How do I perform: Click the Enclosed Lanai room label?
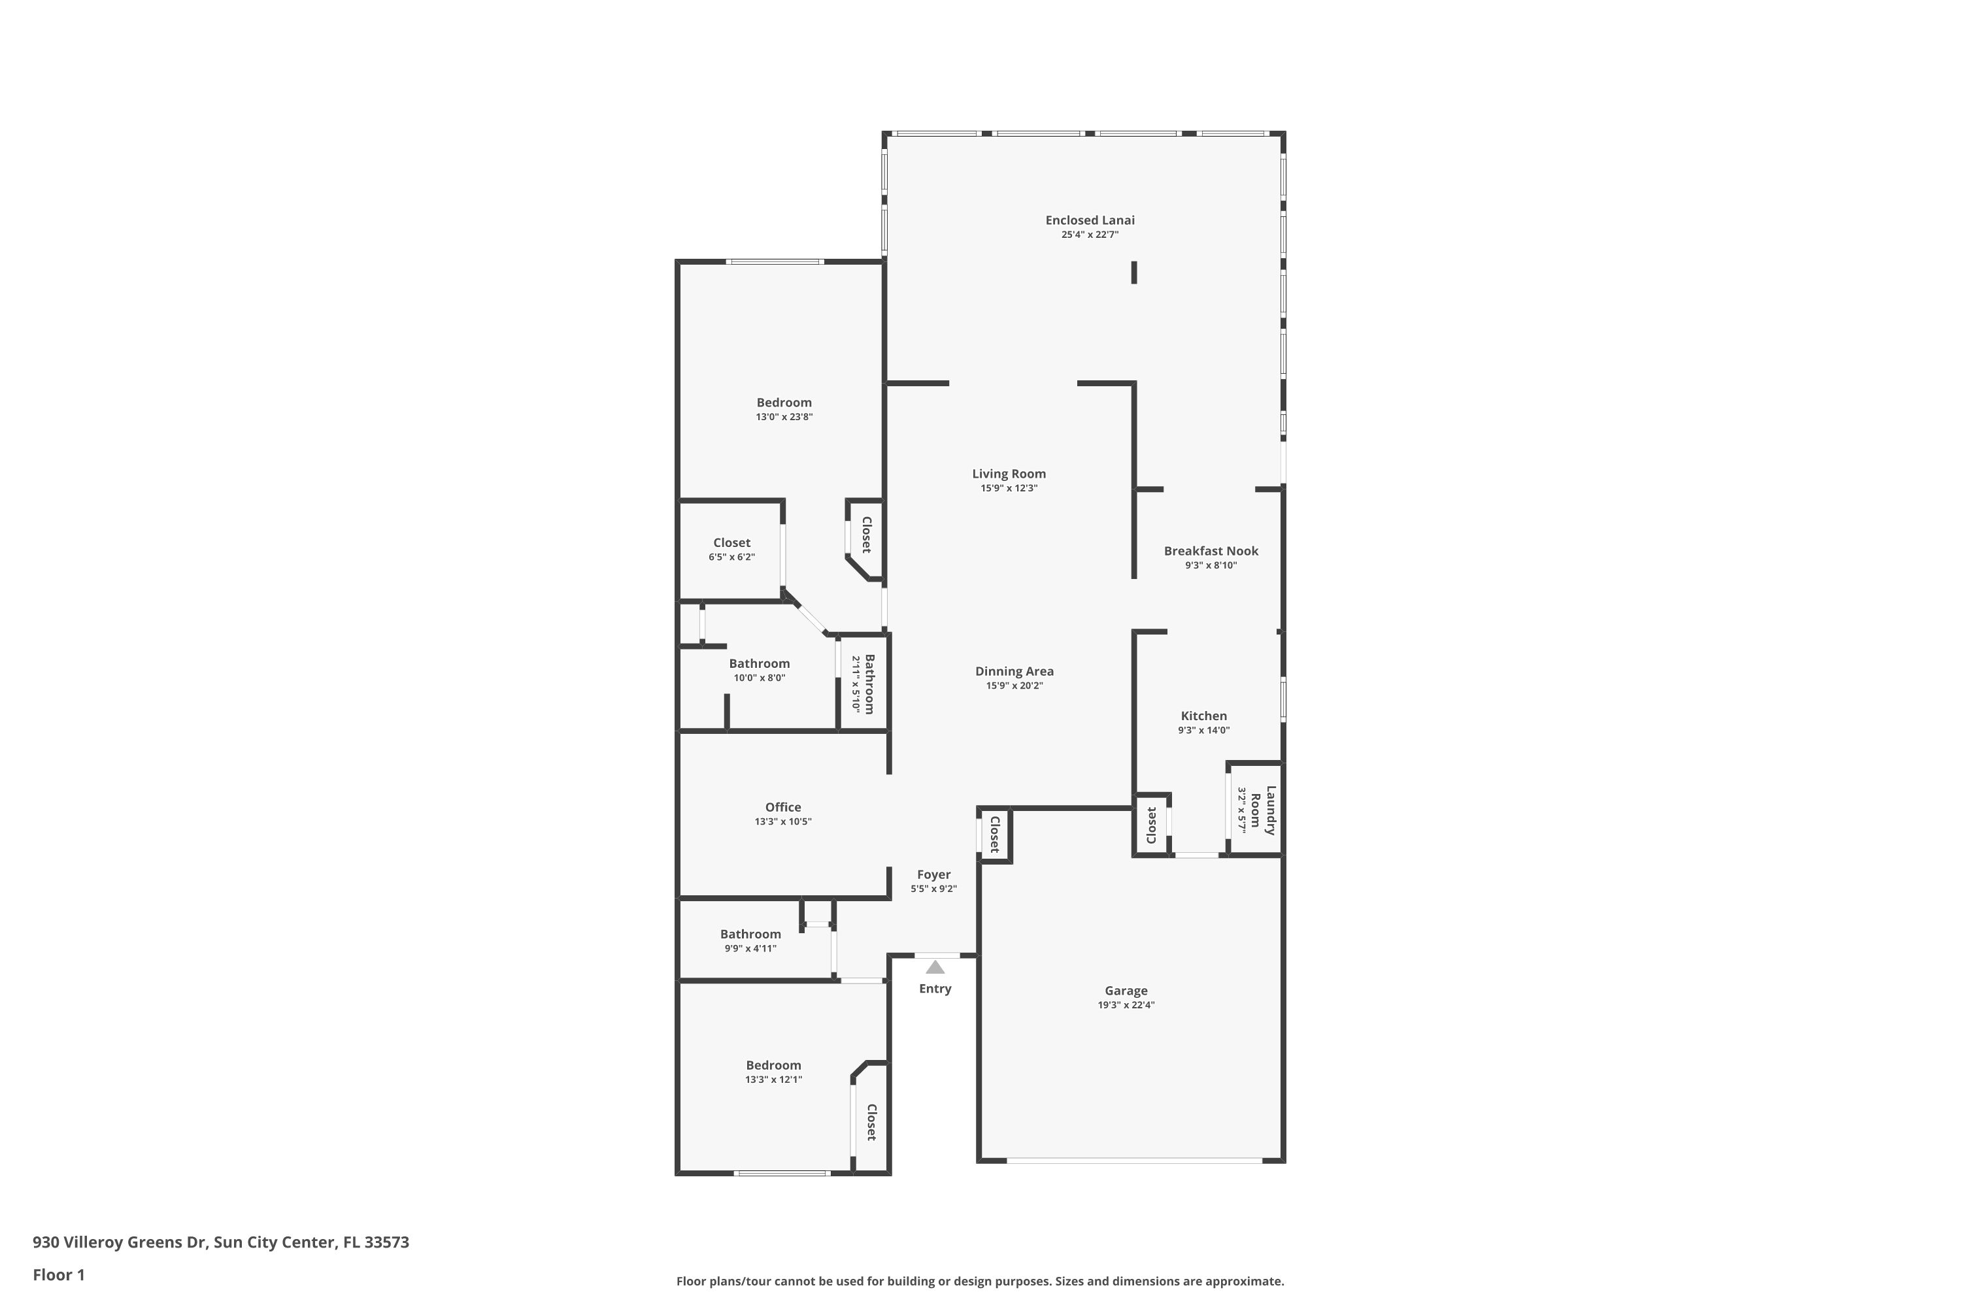[1090, 220]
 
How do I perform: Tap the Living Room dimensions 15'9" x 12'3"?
[1009, 488]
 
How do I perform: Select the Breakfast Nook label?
[1211, 551]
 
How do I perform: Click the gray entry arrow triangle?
[935, 967]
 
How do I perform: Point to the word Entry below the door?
[935, 989]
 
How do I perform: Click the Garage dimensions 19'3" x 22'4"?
[1126, 1005]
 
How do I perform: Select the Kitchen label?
[1203, 716]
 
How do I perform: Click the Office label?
[783, 807]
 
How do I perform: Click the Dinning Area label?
[1014, 671]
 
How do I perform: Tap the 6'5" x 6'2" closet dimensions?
[731, 557]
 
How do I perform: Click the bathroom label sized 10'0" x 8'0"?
[759, 663]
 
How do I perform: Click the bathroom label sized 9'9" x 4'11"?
[750, 935]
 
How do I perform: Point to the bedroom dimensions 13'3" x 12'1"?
[773, 1080]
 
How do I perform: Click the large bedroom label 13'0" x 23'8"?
[784, 403]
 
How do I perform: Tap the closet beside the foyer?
[994, 835]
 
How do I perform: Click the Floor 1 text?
[58, 1274]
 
